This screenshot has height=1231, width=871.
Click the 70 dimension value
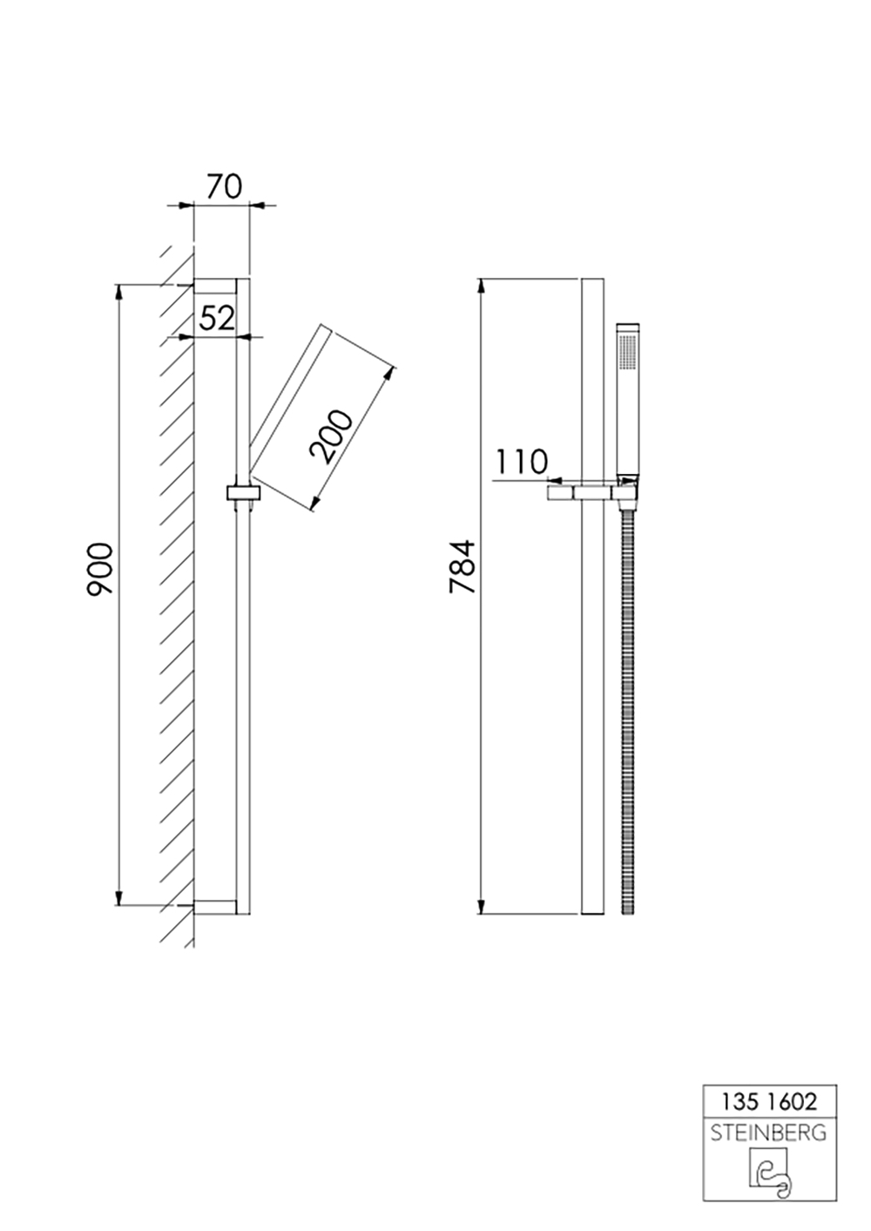tap(224, 186)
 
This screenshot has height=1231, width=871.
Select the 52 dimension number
tap(217, 318)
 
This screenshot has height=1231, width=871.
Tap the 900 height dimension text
tap(100, 570)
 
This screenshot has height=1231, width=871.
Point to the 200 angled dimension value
tap(330, 436)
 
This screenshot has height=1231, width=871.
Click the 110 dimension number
tap(522, 462)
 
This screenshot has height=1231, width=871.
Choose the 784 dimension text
tap(463, 566)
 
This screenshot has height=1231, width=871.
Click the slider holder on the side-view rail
tap(242, 492)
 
